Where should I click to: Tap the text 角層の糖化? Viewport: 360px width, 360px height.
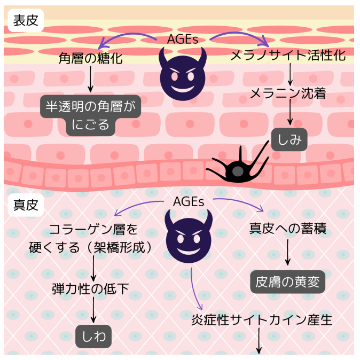click(90, 58)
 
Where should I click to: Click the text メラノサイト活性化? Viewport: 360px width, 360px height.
click(288, 56)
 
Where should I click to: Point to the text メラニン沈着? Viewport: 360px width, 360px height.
click(288, 93)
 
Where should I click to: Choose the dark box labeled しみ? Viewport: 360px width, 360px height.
click(289, 140)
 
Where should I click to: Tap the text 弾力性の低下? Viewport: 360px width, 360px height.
click(90, 289)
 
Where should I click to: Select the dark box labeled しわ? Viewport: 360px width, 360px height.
click(93, 336)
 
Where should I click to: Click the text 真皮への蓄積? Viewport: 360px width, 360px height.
click(288, 229)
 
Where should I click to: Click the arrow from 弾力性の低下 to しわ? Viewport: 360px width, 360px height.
click(94, 311)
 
